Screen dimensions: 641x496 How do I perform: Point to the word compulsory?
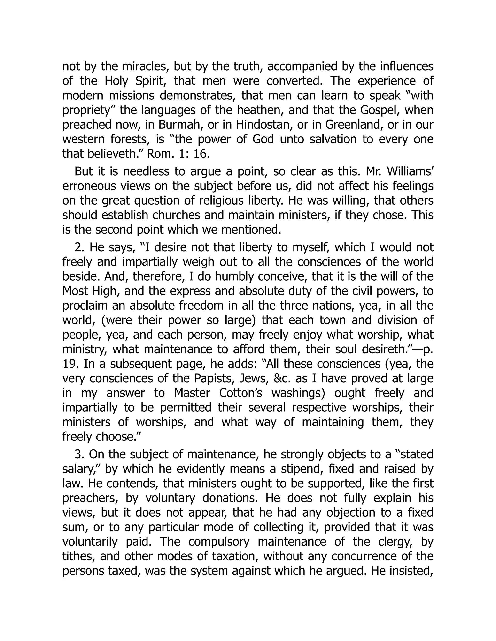pyautogui.click(x=219, y=542)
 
